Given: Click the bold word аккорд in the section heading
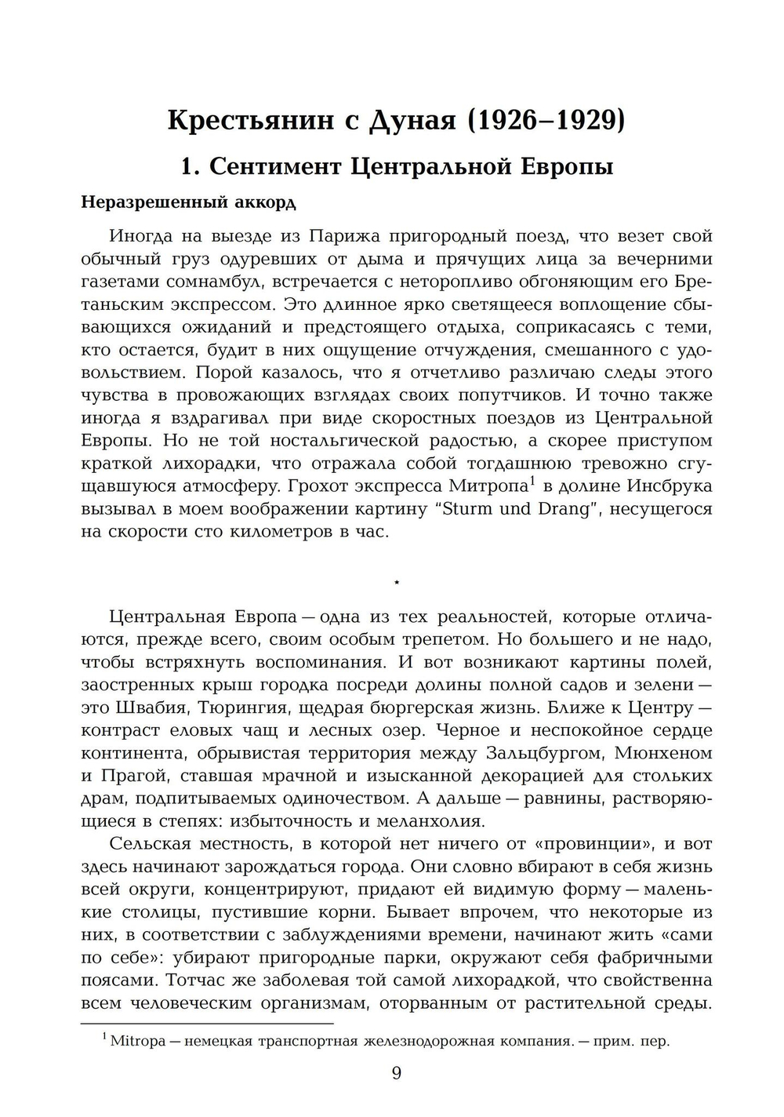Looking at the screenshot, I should [266, 202].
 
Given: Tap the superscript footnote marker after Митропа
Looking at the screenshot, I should [531, 480].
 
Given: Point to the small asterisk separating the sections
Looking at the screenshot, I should [397, 582].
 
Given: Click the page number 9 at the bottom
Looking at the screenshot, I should [396, 1074].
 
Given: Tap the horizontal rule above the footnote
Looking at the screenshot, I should [208, 1023].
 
